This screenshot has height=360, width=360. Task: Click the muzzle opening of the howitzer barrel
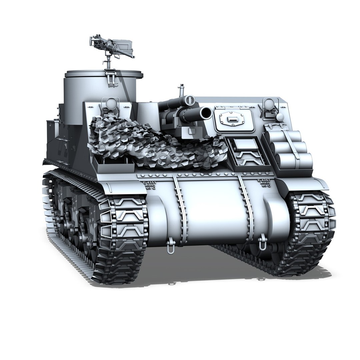(x=206, y=113)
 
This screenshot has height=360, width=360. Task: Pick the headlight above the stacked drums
(x=269, y=105)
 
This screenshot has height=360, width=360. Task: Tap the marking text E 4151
(x=149, y=183)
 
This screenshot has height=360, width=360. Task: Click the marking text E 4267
(x=264, y=180)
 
